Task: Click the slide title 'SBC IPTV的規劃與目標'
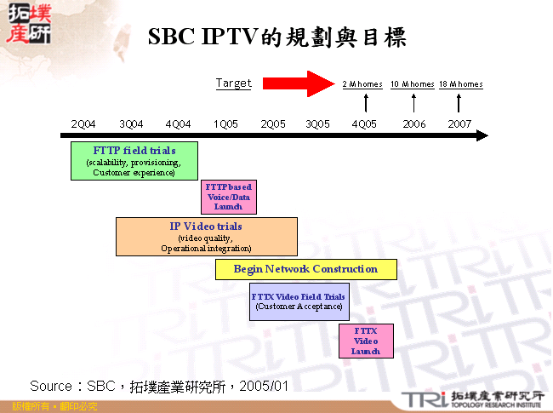[x=277, y=37]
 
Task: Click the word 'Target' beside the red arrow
[x=233, y=83]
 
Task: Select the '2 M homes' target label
[x=362, y=84]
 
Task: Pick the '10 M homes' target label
[x=412, y=84]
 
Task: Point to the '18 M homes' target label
[x=460, y=84]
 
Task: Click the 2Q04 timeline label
[x=83, y=123]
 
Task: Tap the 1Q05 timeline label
[x=225, y=123]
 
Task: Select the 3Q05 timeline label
[x=317, y=123]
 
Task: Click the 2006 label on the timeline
[x=414, y=123]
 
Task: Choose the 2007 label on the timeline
[x=460, y=123]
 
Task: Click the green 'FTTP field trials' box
[x=134, y=161]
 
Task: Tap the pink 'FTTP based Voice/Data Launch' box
[x=228, y=197]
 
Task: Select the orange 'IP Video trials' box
[x=206, y=237]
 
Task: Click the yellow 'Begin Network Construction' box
[x=305, y=269]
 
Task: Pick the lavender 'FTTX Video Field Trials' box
[x=299, y=301]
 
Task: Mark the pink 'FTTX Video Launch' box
[x=366, y=341]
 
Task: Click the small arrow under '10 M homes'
[x=413, y=103]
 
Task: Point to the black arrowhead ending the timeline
[x=482, y=135]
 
